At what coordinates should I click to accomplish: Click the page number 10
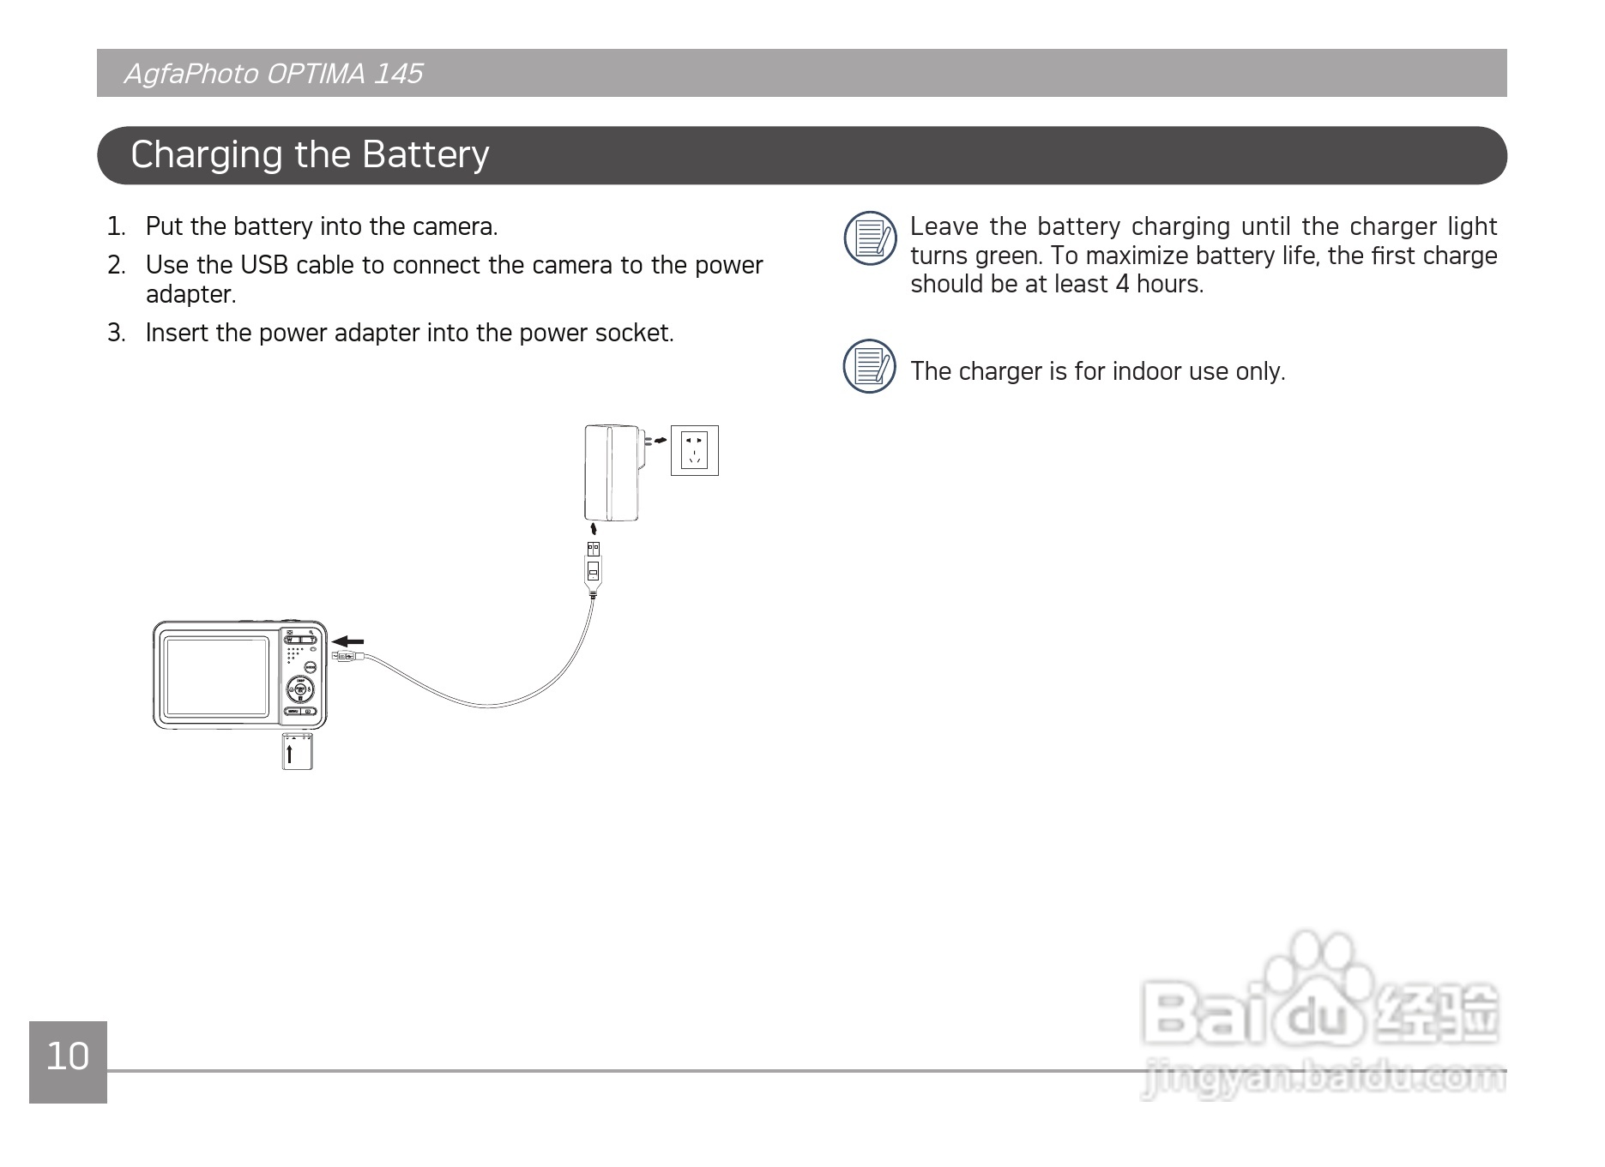click(68, 1057)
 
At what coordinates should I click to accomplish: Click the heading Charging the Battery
click(310, 155)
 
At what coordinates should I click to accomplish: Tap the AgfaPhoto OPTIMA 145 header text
click(274, 74)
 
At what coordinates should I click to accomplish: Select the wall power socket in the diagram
click(694, 450)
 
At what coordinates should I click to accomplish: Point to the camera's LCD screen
click(217, 677)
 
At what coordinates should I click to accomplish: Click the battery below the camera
click(298, 752)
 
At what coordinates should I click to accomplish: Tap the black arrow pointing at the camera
click(348, 641)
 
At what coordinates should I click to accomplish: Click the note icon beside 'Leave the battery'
click(870, 238)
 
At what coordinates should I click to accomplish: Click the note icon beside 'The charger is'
click(870, 366)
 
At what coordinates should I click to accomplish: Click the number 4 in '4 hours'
click(1122, 285)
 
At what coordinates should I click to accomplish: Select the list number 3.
click(116, 333)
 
